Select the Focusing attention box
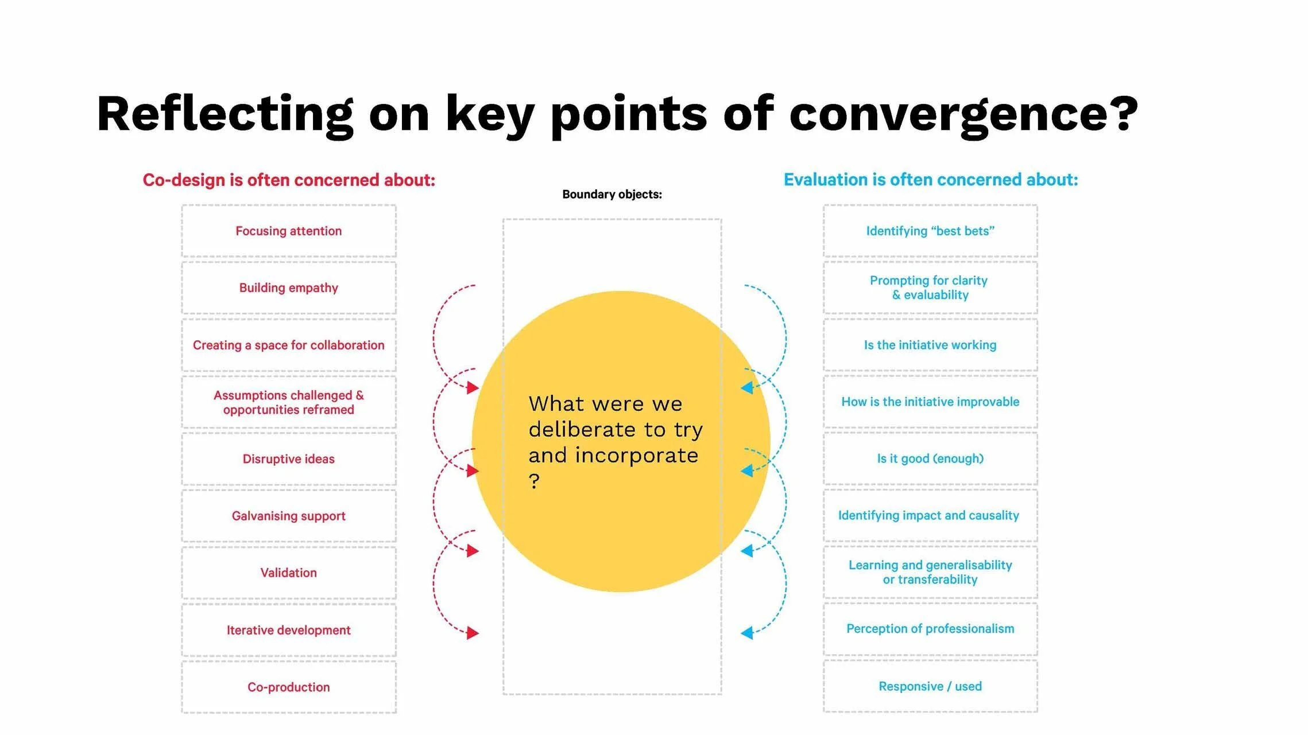coord(289,231)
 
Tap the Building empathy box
coord(289,288)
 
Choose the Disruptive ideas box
coord(289,459)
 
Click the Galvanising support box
coord(289,516)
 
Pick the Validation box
coord(289,573)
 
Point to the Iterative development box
coord(289,630)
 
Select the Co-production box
coord(289,687)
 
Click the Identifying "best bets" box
coord(930,231)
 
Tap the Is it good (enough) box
coord(930,458)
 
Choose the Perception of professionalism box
coord(930,629)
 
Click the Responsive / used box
coord(930,686)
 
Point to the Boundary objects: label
coord(612,195)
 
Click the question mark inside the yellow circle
coord(534,481)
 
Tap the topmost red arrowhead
coord(473,388)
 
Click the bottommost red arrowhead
coord(473,633)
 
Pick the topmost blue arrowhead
coord(747,388)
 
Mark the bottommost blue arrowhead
coord(747,633)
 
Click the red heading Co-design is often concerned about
coord(289,180)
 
